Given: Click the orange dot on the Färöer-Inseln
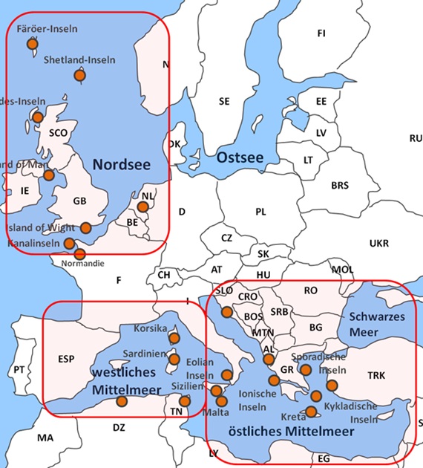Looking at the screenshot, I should point(32,45).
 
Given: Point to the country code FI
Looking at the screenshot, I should point(321,33).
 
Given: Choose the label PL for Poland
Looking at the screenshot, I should point(260,212).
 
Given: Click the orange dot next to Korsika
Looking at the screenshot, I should point(174,339).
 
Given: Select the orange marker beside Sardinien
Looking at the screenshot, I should point(174,360).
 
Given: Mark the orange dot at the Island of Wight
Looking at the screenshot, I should point(86,227).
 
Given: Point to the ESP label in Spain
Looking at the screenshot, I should point(68,360).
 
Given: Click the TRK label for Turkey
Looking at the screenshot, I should point(376,376).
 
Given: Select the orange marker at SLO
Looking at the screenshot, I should point(226,312).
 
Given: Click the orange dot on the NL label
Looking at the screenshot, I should point(143,206).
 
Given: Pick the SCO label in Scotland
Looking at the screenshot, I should point(58,133).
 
